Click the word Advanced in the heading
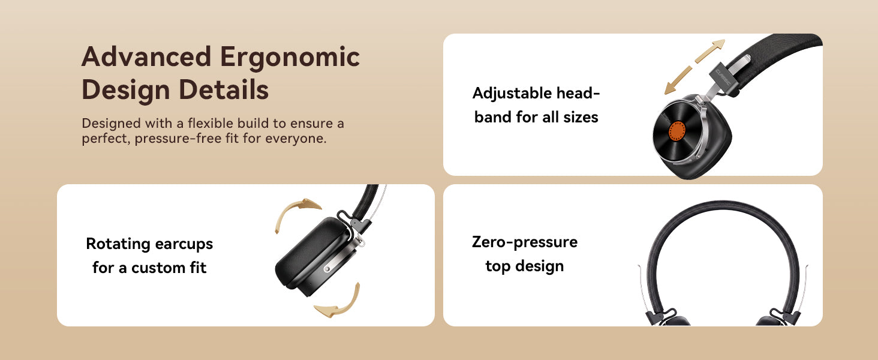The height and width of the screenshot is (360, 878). [146, 56]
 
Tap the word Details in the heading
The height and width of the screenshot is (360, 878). [224, 89]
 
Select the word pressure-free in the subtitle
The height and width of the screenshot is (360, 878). [186, 139]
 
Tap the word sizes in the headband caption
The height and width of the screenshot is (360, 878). [581, 117]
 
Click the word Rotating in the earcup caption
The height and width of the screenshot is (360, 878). [118, 244]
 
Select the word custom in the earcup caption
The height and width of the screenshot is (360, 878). [158, 268]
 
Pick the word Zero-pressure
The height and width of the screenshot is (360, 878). [524, 242]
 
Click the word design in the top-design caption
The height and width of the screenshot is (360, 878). [539, 266]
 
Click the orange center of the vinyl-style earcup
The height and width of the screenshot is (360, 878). [676, 131]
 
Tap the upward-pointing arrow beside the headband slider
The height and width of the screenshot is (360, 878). [710, 50]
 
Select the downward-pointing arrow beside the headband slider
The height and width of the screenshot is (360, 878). [678, 80]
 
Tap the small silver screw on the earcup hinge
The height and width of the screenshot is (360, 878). [327, 269]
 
